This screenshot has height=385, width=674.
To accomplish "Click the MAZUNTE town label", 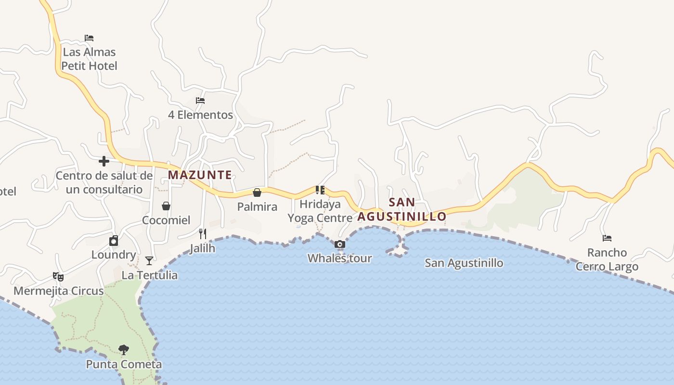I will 200,175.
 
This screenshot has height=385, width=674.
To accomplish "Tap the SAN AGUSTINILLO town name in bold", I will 402,209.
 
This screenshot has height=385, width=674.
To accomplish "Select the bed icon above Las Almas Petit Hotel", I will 89,38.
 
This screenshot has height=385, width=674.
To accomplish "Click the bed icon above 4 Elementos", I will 200,101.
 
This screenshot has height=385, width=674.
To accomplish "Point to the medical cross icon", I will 104,161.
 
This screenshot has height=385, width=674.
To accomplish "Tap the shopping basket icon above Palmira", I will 257,192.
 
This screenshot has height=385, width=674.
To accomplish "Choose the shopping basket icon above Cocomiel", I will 166,206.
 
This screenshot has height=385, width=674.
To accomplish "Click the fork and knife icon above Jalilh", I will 203,234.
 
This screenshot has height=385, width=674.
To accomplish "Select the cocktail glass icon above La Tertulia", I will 149,261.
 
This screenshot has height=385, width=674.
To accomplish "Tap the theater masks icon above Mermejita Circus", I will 58,277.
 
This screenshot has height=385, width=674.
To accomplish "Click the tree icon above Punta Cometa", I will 124,349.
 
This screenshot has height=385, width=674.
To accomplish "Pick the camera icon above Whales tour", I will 339,244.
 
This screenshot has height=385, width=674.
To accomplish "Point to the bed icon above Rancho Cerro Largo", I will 607,238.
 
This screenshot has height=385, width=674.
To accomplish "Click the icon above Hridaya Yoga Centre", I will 320,190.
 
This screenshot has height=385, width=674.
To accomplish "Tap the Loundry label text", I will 114,255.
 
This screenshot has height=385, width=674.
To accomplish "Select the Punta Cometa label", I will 124,364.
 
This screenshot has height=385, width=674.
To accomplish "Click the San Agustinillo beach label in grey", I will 464,263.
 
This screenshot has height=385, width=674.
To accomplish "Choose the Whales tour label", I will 339,258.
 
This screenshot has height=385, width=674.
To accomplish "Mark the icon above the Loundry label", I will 114,241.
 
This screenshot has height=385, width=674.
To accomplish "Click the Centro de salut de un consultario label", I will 104,182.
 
